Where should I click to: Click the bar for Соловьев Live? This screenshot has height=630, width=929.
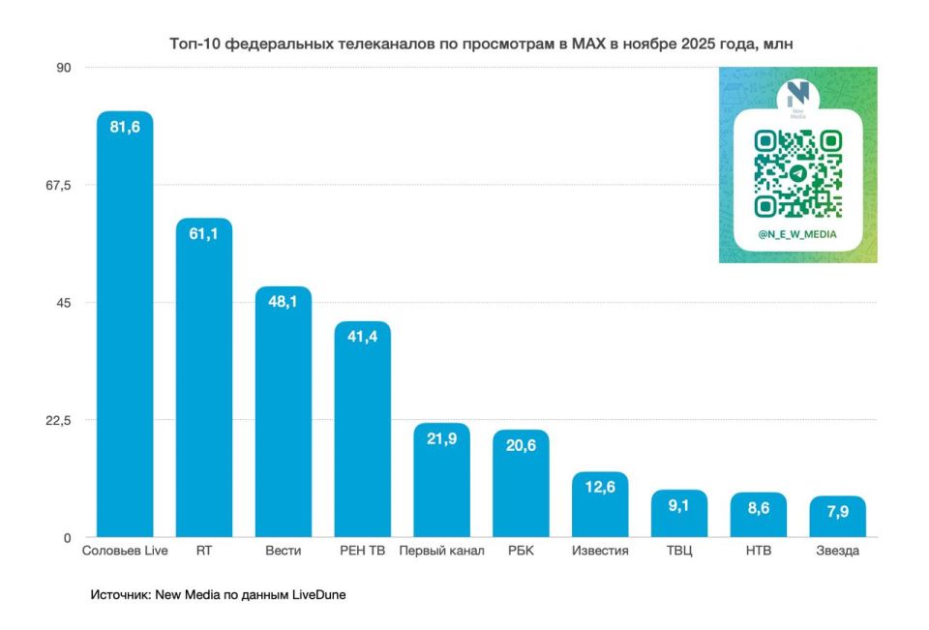125,329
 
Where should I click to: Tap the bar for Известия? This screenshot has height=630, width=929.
600,508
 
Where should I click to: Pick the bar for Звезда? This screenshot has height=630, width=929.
838,519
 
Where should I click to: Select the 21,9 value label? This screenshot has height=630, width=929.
442,438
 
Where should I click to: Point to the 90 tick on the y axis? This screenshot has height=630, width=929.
64,67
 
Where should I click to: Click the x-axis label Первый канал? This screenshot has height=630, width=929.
442,552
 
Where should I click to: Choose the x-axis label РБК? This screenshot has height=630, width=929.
521,552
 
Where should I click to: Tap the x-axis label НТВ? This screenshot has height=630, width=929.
759,552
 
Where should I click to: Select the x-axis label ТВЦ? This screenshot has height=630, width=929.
679,552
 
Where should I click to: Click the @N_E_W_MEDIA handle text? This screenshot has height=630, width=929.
797,234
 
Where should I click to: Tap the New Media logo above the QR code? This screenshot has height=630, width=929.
797,97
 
